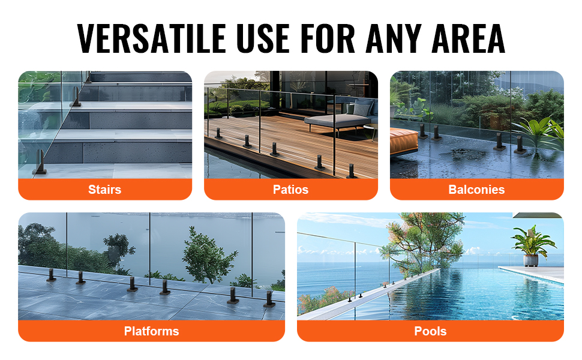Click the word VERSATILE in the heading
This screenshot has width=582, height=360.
point(151,38)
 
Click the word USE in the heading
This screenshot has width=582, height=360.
point(263,38)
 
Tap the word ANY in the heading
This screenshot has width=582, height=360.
point(394,38)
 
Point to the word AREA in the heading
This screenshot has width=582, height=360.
point(468,38)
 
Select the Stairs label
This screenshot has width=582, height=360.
point(104,190)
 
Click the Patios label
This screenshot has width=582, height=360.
point(290,190)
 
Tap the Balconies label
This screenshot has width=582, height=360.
point(476,190)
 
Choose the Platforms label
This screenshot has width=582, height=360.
point(151,331)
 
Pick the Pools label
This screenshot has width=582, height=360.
point(430,331)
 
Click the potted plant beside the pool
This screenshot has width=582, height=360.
point(532,246)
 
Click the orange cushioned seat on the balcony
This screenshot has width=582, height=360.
point(404,141)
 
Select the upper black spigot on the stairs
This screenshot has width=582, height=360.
point(76,97)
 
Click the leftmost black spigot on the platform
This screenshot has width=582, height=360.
point(51,275)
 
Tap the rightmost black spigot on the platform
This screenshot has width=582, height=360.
point(269,299)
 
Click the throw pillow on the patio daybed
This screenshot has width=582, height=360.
point(361,109)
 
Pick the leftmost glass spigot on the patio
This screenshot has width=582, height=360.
point(218,134)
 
